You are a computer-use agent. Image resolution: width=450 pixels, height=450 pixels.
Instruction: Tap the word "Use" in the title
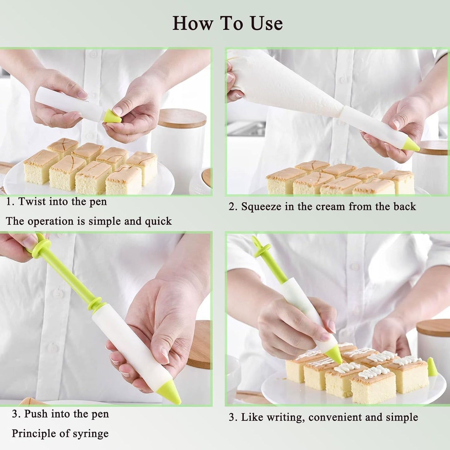(x=267, y=23)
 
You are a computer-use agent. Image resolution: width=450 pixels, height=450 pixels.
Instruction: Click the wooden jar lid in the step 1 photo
(x=182, y=118)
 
